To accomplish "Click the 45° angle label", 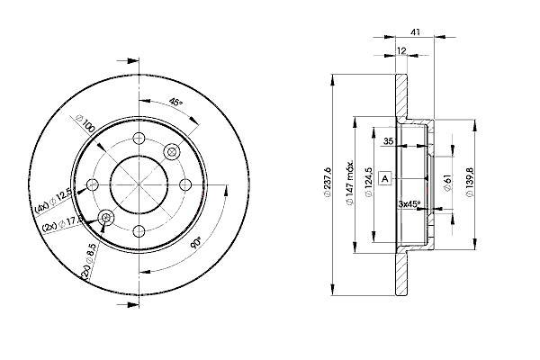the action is pyautogui.click(x=175, y=103).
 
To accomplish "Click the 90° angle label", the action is pyautogui.click(x=196, y=242).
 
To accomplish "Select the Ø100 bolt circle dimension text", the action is pyautogui.click(x=85, y=123).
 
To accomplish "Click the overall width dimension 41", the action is pyautogui.click(x=416, y=32).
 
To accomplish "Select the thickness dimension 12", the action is pyautogui.click(x=401, y=50).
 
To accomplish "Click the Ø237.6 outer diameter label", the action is pyautogui.click(x=327, y=182).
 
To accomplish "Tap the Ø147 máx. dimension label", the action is pyautogui.click(x=350, y=183).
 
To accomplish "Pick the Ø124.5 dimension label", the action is pyautogui.click(x=368, y=182).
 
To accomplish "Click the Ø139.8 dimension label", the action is pyautogui.click(x=470, y=182).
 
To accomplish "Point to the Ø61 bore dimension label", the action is pyautogui.click(x=447, y=182).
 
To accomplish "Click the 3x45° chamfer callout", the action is pyautogui.click(x=409, y=204).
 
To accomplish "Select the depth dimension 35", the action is pyautogui.click(x=388, y=141).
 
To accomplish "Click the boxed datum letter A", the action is pyautogui.click(x=385, y=179).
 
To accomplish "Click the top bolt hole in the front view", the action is pyautogui.click(x=139, y=139).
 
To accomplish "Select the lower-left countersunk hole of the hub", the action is pyautogui.click(x=106, y=218).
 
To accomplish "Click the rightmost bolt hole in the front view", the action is pyautogui.click(x=185, y=184).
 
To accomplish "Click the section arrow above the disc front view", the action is pyautogui.click(x=128, y=61).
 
